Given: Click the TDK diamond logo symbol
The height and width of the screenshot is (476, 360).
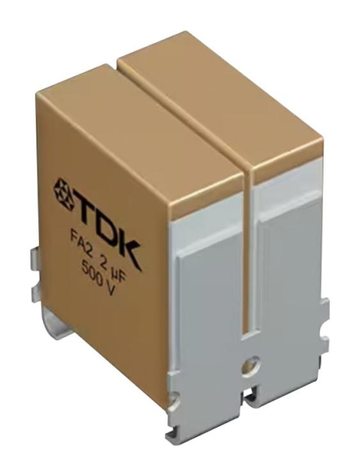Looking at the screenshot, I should pyautogui.click(x=66, y=190).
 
